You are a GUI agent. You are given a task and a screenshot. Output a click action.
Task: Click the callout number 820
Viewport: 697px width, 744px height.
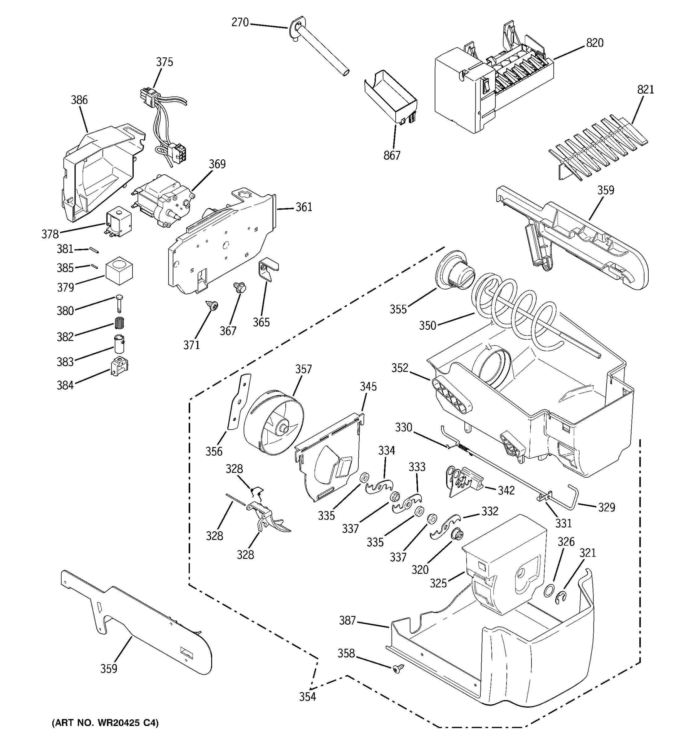tap(594, 43)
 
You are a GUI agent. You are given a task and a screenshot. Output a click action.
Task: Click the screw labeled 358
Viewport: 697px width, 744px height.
tap(399, 668)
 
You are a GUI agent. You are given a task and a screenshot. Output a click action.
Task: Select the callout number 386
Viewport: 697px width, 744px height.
tap(79, 100)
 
